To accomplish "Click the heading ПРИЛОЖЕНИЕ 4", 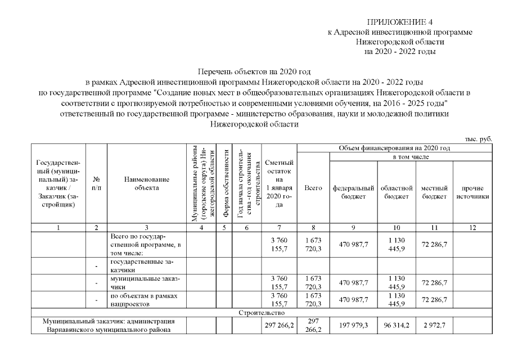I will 400,21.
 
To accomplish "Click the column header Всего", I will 313,188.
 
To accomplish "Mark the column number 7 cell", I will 280,228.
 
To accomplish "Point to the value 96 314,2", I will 397,325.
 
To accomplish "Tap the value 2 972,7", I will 434,325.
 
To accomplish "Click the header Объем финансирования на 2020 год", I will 394,148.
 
